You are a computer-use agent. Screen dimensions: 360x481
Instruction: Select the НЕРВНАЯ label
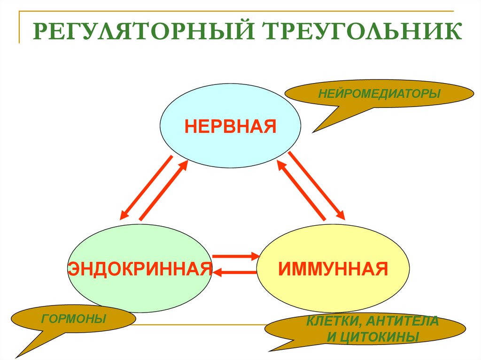pos(230,126)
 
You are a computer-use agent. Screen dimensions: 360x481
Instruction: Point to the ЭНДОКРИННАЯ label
pos(140,269)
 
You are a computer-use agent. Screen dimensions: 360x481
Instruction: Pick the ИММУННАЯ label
pos(333,269)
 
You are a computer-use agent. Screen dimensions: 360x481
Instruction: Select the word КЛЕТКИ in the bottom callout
pos(334,322)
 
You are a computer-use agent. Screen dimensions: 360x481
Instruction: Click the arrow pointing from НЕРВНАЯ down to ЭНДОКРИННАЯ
pos(146,187)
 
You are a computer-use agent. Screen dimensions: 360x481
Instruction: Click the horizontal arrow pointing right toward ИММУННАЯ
pos(236,256)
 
